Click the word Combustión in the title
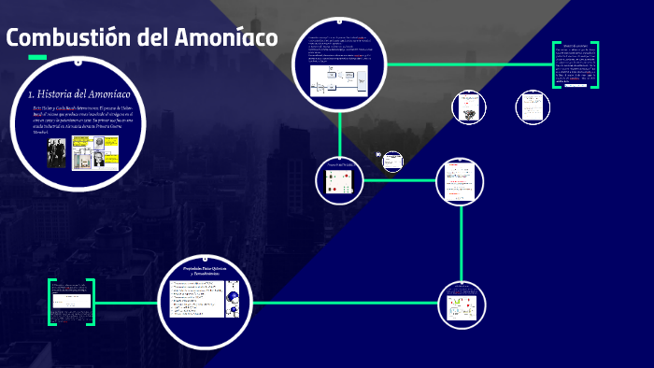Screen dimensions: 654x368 click(64, 38)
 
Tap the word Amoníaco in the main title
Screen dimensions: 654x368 click(225, 38)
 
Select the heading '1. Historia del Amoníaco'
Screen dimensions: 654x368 click(78, 94)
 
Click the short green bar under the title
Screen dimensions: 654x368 click(37, 58)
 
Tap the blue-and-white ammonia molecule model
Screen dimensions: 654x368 click(232, 301)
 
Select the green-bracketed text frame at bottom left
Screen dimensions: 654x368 click(71, 302)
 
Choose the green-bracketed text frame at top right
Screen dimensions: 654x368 click(574, 65)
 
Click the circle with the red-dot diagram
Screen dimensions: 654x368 click(337, 180)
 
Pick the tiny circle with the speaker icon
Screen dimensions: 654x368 click(392, 162)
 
